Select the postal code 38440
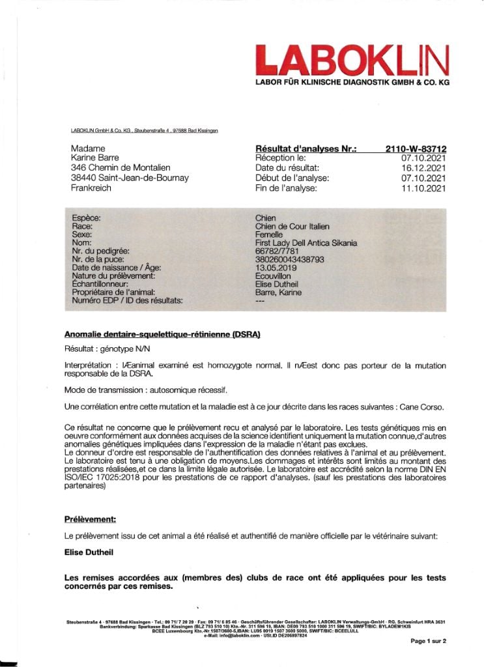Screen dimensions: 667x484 coord(82,178)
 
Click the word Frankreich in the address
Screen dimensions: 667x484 coord(91,188)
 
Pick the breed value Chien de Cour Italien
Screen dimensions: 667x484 coord(292,226)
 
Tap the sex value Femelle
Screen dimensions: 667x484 coord(270,234)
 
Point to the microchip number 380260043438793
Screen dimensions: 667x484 coord(290,259)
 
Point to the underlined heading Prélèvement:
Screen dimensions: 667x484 coord(90,519)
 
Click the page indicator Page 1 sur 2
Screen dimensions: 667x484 coord(428,641)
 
